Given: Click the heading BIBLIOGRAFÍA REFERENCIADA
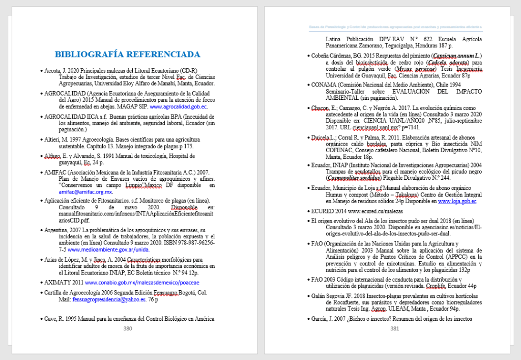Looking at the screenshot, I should pos(127,54).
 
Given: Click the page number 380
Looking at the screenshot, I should pos(128,328).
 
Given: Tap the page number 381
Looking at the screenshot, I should pos(394,328).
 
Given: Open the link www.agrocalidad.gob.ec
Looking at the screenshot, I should pos(179,107).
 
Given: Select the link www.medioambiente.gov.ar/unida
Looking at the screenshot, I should pos(108,250).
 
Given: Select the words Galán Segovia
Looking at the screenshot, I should pos(329,296).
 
